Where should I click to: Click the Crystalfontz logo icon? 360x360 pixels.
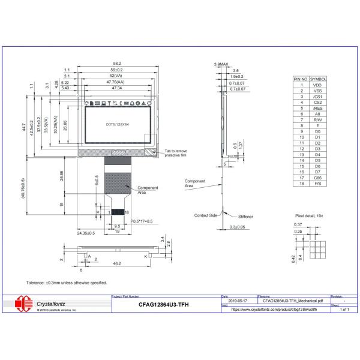click(x=25, y=304)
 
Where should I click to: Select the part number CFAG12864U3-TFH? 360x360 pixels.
click(x=161, y=304)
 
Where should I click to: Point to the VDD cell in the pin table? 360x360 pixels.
click(x=318, y=85)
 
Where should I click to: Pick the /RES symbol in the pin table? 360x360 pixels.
click(x=318, y=108)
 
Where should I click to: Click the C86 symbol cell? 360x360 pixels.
click(x=318, y=178)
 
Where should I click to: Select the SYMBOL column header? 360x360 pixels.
click(x=318, y=79)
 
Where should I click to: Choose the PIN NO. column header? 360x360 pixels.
click(x=301, y=79)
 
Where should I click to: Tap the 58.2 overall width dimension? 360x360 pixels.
click(x=117, y=64)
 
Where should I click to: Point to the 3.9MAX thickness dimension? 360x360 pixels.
click(x=221, y=64)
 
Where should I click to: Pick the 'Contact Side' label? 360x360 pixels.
click(x=205, y=215)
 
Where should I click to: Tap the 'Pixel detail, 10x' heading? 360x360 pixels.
click(x=310, y=214)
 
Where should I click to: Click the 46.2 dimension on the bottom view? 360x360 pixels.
click(x=118, y=263)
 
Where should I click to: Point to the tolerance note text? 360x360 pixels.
click(x=67, y=282)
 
